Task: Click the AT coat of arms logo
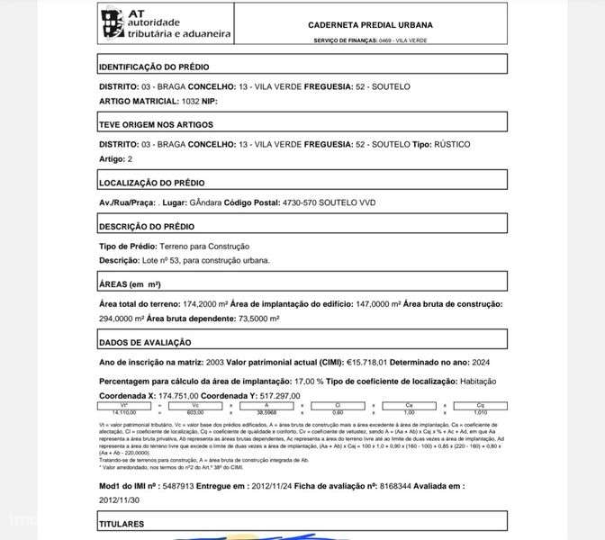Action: (112, 23)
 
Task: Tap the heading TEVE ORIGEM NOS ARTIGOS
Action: (150, 125)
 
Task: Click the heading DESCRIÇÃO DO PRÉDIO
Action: (146, 227)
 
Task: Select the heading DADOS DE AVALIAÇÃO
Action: (144, 342)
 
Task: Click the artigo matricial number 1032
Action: (190, 100)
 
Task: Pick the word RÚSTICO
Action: (452, 144)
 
